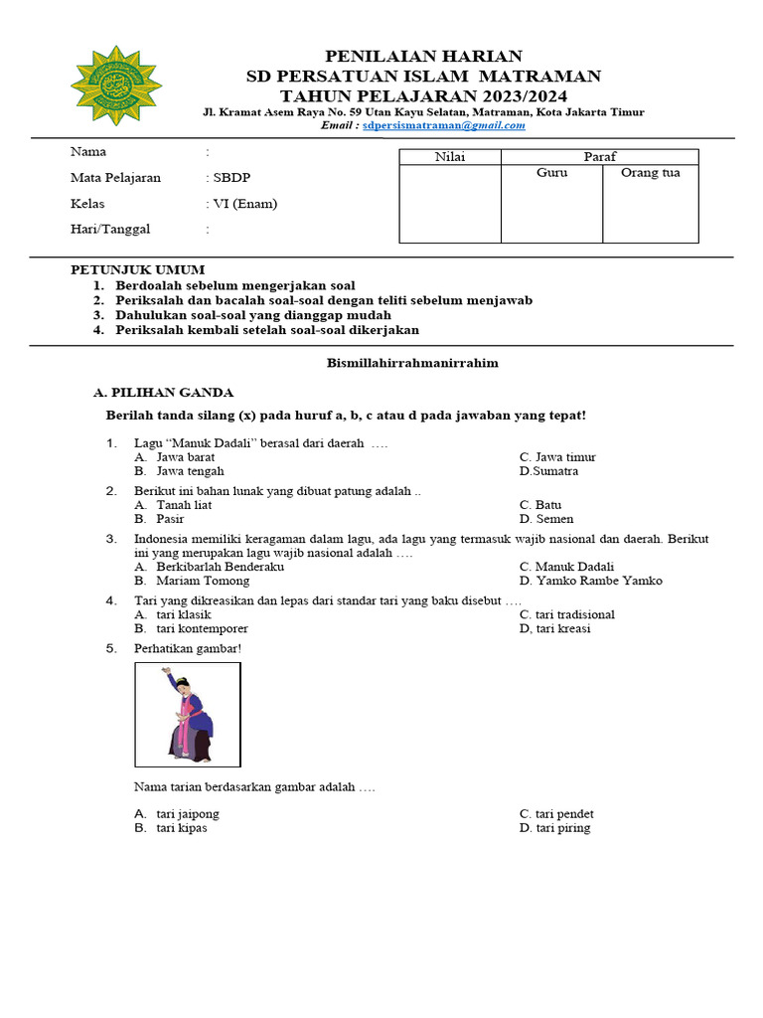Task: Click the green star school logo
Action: coord(116,85)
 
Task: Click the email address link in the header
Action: coord(443,126)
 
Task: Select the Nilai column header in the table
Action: coord(450,157)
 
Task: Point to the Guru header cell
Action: coord(551,173)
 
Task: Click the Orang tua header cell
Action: coord(650,173)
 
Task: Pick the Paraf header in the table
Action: coord(599,157)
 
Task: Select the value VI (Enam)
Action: coord(244,204)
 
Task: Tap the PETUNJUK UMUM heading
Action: coord(137,269)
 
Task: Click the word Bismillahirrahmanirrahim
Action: coord(412,363)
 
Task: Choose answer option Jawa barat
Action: coord(185,457)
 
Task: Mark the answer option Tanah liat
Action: coord(184,505)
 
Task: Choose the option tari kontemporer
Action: coord(202,628)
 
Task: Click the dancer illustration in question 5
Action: coord(188,715)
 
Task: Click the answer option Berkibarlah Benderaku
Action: coord(220,567)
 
